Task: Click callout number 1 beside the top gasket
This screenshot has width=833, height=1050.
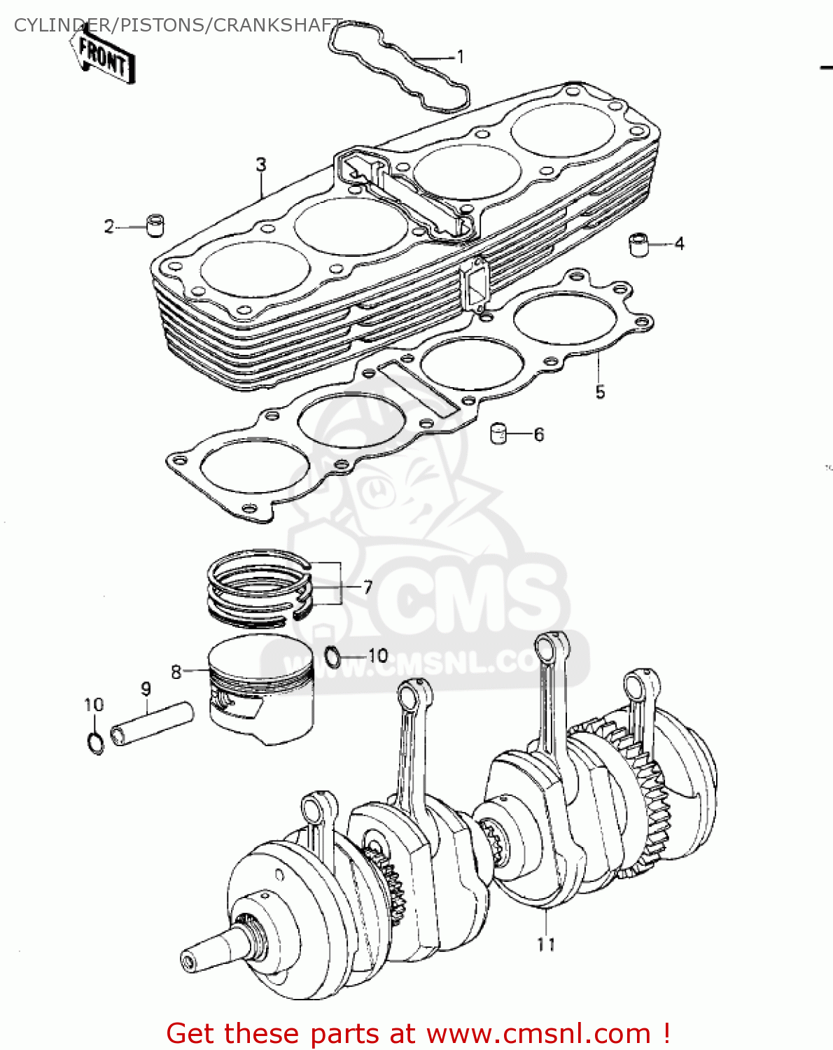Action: point(460,57)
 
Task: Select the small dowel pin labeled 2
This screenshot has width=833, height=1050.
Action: point(155,225)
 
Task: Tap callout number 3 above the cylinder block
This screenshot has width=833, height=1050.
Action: point(261,165)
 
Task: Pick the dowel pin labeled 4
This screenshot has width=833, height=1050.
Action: point(638,244)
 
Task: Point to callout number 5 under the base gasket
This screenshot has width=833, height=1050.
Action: point(600,392)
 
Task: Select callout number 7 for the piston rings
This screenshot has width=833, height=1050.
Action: point(367,587)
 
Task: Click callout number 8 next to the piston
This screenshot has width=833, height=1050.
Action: point(176,672)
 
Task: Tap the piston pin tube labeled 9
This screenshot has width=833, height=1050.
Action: point(151,722)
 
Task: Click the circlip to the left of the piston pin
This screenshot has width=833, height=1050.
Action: point(96,742)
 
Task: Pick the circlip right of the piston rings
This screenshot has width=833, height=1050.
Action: point(334,657)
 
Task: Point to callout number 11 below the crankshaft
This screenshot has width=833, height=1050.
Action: point(546,944)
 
